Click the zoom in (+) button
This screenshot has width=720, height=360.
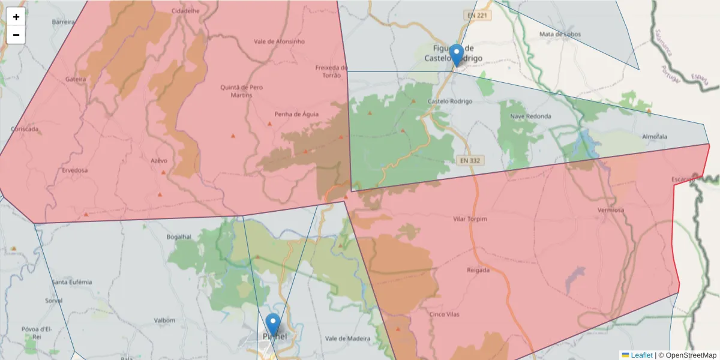16,17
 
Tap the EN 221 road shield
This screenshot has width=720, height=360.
476,15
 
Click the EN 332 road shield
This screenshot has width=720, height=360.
470,160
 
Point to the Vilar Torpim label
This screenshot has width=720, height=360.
470,219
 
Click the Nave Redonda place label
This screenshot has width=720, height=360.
530,116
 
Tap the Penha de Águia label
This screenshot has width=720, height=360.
296,114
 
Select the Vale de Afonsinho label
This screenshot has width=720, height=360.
280,41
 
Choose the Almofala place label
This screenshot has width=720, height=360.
655,137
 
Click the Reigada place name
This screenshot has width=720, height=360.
478,270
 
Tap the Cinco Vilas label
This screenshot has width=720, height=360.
445,314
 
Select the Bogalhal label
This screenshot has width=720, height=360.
178,237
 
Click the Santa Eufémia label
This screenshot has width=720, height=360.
72,282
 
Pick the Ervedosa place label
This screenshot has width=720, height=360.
74,170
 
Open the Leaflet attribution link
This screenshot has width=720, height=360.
641,355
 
